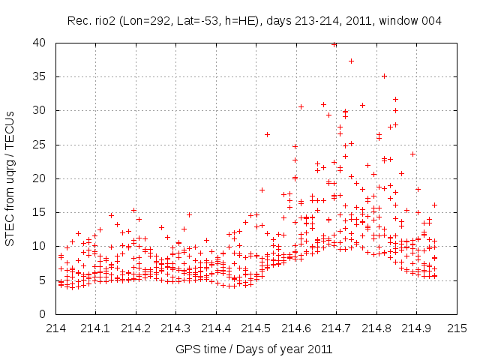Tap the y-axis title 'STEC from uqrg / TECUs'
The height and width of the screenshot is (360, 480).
(10, 178)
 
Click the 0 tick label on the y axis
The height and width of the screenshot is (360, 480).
(45, 314)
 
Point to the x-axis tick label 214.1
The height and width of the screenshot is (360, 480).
(96, 328)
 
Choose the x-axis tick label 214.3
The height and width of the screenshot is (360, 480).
(176, 328)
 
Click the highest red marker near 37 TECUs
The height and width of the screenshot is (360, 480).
(351, 61)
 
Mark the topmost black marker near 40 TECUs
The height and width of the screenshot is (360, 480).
(334, 44)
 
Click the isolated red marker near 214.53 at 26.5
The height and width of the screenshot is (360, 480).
(267, 134)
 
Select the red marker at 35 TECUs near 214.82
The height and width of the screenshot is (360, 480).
(384, 76)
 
